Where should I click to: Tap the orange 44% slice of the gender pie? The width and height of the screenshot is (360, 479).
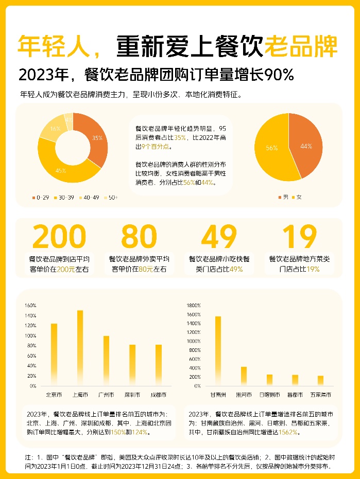click(306, 146)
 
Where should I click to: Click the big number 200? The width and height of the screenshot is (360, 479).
click(59, 237)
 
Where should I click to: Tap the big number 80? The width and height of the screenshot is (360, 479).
click(139, 237)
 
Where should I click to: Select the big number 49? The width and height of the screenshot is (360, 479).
click(219, 237)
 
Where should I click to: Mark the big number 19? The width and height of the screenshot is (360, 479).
click(299, 237)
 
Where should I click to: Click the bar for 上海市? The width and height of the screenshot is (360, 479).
click(80, 348)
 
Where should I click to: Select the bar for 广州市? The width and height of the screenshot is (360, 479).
click(107, 361)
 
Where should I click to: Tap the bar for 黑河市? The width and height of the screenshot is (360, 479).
click(244, 376)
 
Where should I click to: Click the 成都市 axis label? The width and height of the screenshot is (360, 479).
click(159, 395)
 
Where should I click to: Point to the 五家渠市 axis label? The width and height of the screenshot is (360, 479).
click(320, 395)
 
